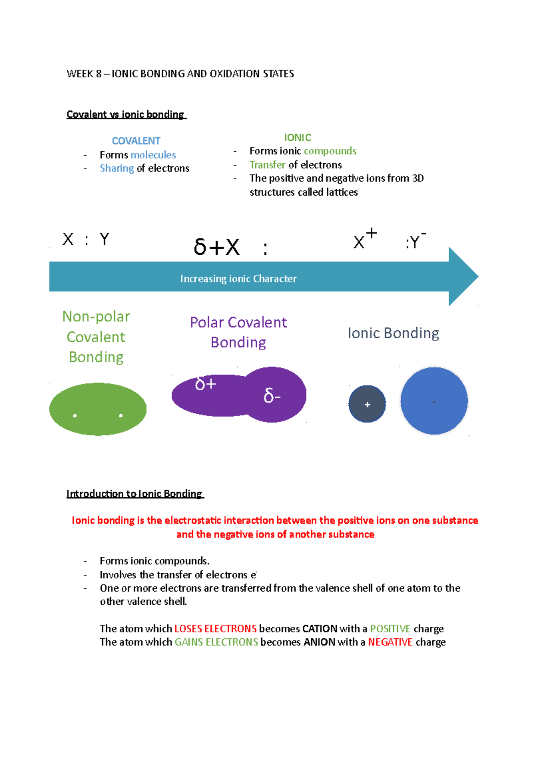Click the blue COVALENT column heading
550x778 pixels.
[136, 141]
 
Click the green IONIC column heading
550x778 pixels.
[297, 137]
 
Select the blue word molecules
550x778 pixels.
[153, 155]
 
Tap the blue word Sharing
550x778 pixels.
[117, 168]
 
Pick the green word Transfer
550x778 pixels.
[267, 164]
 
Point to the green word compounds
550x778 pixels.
[330, 151]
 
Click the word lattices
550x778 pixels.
[342, 192]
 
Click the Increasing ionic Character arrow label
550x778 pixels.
[238, 279]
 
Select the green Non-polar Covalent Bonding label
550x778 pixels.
[96, 337]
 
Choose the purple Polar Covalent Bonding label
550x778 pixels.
[238, 332]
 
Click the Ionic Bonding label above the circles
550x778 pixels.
[393, 333]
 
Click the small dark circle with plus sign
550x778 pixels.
[367, 404]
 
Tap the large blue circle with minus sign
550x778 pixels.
[434, 401]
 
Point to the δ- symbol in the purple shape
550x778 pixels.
[272, 396]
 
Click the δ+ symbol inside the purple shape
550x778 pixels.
[205, 384]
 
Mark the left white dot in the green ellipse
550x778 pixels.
[75, 416]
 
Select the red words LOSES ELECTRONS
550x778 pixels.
[215, 629]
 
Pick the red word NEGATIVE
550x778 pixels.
[390, 642]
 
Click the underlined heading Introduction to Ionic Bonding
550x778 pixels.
[134, 493]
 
